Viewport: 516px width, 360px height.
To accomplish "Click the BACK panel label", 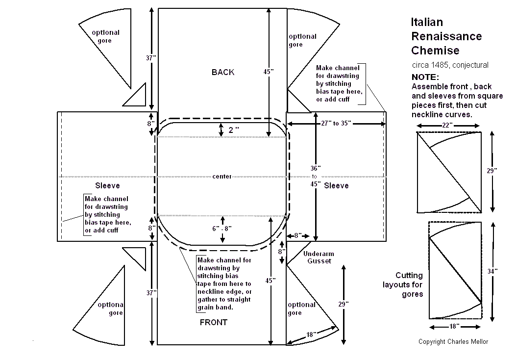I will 223,72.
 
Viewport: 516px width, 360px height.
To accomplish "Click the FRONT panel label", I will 213,322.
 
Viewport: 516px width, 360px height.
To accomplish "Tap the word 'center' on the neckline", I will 222,177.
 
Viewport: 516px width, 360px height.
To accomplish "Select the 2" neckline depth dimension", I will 233,130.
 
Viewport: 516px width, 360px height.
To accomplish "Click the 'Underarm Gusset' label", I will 319,257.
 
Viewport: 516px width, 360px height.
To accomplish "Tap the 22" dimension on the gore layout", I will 447,126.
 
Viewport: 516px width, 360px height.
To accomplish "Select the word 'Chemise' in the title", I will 435,50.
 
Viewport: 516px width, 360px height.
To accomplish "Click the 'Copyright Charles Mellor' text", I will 453,341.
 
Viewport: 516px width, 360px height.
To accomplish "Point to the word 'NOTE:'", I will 425,77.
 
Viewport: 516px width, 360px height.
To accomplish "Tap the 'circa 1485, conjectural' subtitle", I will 450,65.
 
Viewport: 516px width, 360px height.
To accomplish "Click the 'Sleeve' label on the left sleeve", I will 107,185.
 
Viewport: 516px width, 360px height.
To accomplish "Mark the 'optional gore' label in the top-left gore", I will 105,36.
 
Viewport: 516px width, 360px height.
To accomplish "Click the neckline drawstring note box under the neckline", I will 224,283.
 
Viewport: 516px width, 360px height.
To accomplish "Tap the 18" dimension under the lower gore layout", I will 453,326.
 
